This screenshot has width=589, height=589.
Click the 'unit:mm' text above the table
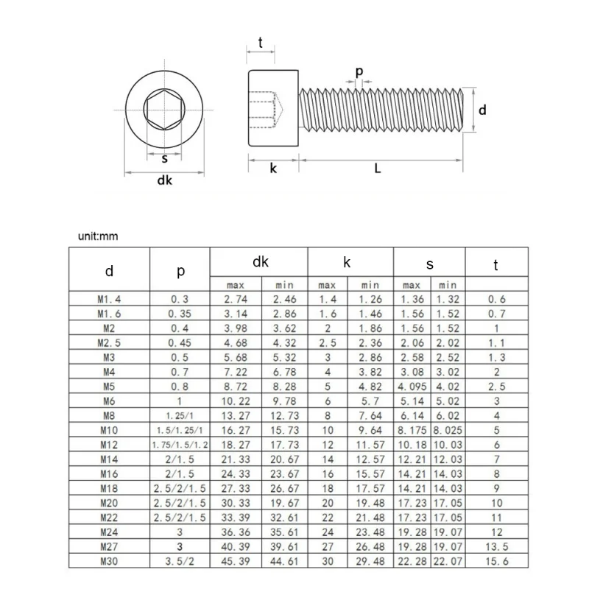pyautogui.click(x=98, y=236)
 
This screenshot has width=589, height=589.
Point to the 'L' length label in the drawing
pyautogui.click(x=378, y=169)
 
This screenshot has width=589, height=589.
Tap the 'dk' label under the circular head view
pyautogui.click(x=164, y=181)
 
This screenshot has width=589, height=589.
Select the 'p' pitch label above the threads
pyautogui.click(x=359, y=71)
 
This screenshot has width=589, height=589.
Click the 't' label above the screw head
pyautogui.click(x=261, y=42)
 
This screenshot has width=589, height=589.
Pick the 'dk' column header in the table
pyautogui.click(x=260, y=261)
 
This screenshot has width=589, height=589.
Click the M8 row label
pyautogui.click(x=109, y=417)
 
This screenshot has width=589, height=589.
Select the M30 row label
pyautogui.click(x=109, y=562)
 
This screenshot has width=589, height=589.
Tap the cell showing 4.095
pyautogui.click(x=412, y=385)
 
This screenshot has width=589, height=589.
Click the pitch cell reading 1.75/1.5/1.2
pyautogui.click(x=180, y=444)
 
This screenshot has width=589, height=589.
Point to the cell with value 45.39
pyautogui.click(x=236, y=562)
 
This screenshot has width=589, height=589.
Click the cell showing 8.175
pyautogui.click(x=412, y=431)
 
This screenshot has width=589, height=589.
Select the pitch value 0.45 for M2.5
pyautogui.click(x=180, y=342)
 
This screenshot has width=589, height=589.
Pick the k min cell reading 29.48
pyautogui.click(x=370, y=562)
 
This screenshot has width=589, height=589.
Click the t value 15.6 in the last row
pyautogui.click(x=496, y=562)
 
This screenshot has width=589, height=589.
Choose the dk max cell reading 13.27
pyautogui.click(x=236, y=417)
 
